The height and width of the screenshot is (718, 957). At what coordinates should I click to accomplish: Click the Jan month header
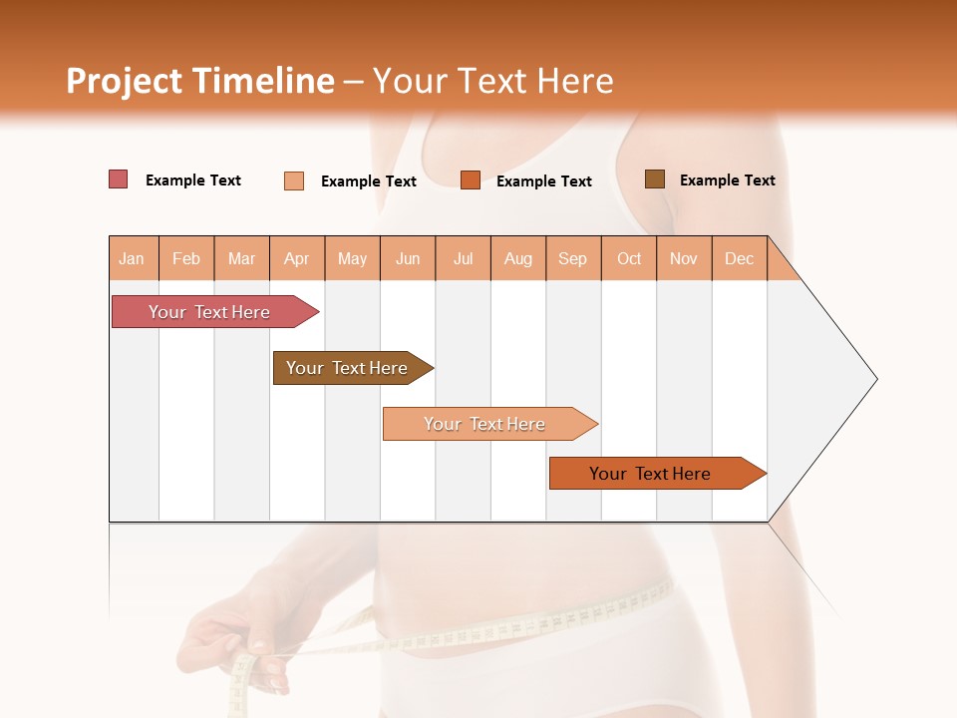click(133, 258)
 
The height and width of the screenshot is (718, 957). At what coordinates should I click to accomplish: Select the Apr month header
click(297, 258)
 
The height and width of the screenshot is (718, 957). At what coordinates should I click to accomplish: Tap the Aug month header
click(518, 258)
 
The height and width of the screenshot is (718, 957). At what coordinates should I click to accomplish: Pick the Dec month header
click(740, 258)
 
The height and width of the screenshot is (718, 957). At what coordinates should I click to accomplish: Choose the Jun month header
click(408, 258)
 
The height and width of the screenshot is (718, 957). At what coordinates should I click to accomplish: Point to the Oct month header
click(629, 258)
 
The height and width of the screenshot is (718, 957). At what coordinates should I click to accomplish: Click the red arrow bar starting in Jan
click(209, 312)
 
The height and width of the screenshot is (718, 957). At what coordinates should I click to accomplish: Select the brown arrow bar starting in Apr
click(347, 368)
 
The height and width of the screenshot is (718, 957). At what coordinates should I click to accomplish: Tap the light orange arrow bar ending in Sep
click(484, 424)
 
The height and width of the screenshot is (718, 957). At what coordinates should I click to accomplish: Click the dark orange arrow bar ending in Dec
click(650, 474)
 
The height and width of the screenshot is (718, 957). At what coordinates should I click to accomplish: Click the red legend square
click(119, 179)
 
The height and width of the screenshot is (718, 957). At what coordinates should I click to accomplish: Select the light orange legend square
click(294, 180)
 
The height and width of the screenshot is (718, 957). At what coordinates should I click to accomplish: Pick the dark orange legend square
click(471, 179)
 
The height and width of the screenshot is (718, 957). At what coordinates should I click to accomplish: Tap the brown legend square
click(654, 179)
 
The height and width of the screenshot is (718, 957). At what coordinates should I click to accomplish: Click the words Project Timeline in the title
click(199, 81)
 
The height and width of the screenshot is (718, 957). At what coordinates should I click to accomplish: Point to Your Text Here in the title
click(493, 81)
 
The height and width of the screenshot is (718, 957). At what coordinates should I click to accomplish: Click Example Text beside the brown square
click(727, 180)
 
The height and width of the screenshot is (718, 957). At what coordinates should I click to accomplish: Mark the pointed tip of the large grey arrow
click(875, 379)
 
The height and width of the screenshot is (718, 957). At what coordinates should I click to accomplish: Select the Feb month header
click(186, 258)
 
